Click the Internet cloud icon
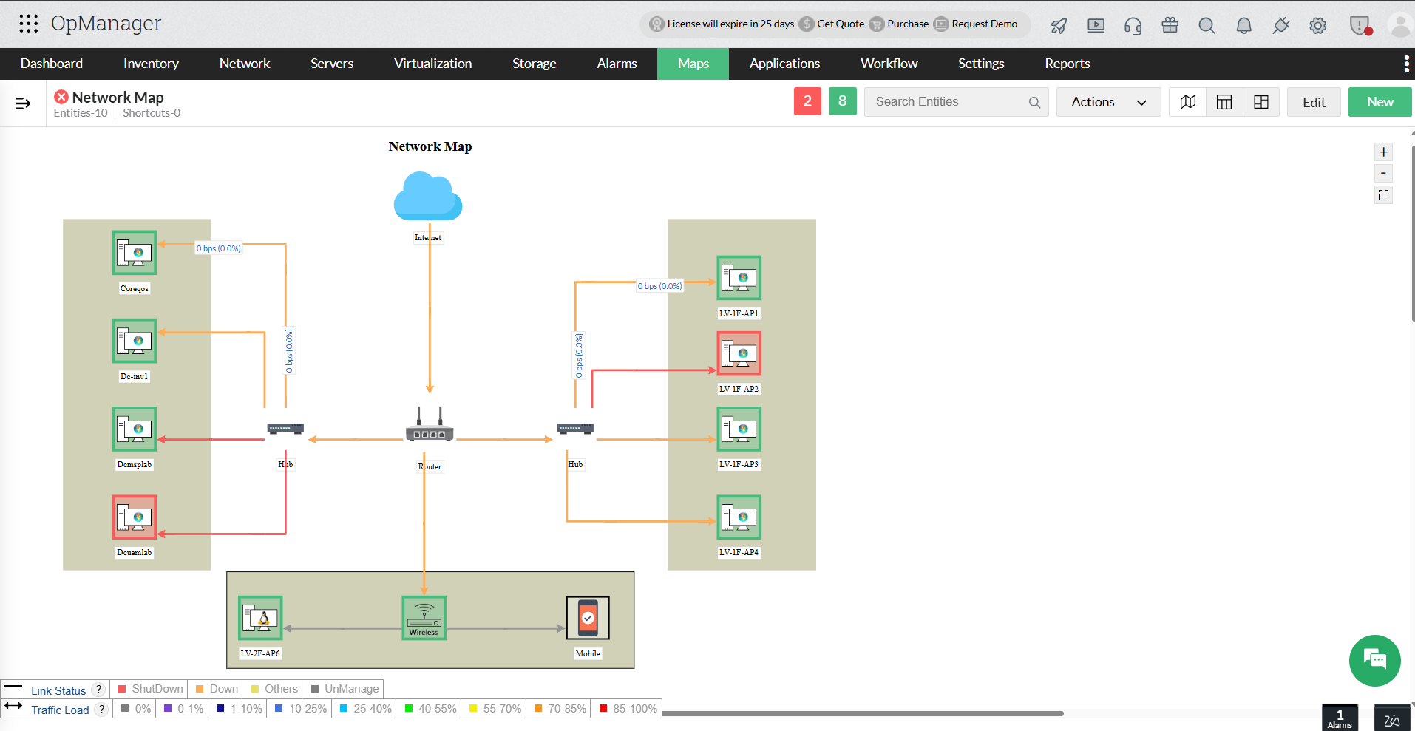pos(428,197)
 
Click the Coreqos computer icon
pos(135,253)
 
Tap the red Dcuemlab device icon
pos(135,517)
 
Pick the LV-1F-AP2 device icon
pos(739,353)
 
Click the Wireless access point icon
pos(424,617)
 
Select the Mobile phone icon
pos(588,617)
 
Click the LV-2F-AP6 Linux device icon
pos(260,617)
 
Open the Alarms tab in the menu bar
pos(617,64)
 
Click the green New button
pos(1380,102)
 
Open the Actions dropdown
pos(1108,102)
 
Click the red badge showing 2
pos(807,101)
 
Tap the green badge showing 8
pos(842,101)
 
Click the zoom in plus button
pos(1383,152)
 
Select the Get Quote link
pos(840,24)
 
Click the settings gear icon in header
pos(1317,26)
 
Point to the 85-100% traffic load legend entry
pos(628,709)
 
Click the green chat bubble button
pos(1374,660)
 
